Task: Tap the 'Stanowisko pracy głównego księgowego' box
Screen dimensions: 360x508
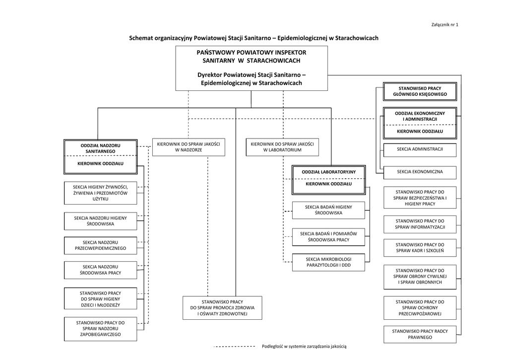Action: click(420, 91)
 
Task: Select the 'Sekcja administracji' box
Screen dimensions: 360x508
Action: click(420, 149)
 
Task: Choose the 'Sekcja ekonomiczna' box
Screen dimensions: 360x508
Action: click(420, 172)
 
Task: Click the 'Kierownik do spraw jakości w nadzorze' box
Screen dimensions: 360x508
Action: click(188, 146)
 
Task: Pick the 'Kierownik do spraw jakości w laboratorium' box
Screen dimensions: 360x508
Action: click(282, 146)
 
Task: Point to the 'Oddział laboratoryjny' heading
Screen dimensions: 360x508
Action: click(328, 172)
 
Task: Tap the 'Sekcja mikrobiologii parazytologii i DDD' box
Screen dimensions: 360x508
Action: click(328, 262)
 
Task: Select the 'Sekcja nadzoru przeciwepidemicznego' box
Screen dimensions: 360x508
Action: click(100, 245)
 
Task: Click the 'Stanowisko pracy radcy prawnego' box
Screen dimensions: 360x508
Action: click(420, 334)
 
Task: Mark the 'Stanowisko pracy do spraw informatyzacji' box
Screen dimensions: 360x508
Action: click(420, 224)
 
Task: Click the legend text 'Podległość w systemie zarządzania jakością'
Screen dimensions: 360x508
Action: click(304, 346)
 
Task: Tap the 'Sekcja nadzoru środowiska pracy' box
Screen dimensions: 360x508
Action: click(100, 270)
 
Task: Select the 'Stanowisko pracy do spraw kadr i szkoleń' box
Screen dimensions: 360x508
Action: click(420, 248)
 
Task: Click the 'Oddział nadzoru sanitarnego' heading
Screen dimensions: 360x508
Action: click(100, 147)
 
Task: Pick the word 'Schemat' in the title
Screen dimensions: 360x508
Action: click(141, 38)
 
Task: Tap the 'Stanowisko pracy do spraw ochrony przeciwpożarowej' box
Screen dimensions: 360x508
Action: click(420, 308)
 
